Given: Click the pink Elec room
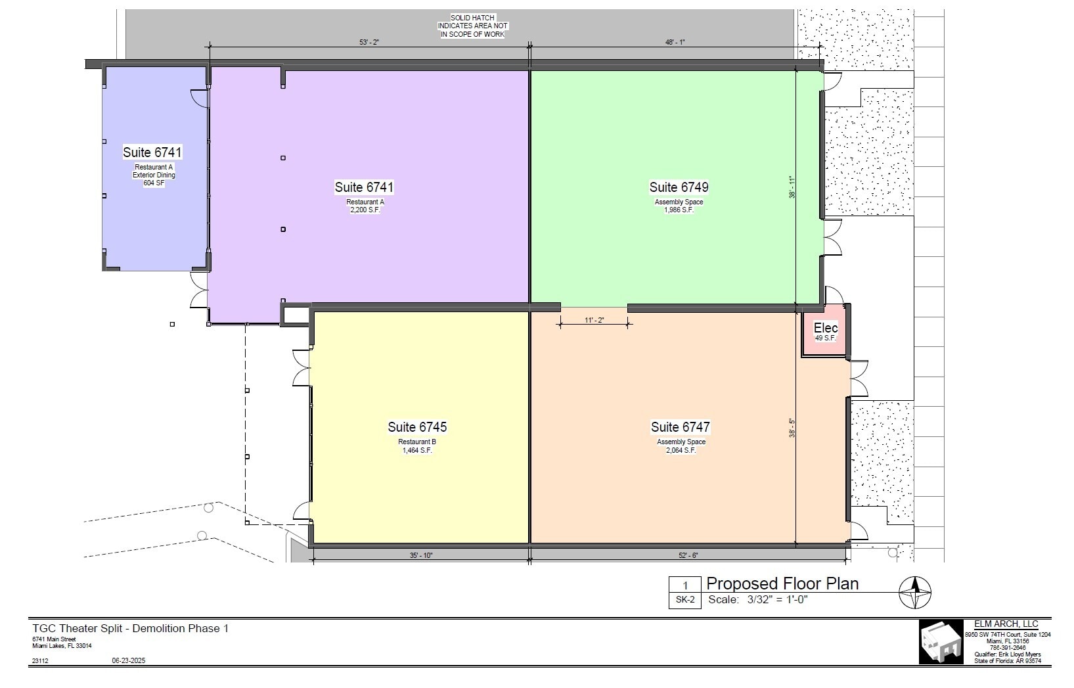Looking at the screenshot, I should [825, 332].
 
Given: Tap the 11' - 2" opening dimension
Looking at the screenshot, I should [594, 321].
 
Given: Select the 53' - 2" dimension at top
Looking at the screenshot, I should [370, 42].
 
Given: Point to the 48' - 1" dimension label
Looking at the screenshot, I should [675, 42].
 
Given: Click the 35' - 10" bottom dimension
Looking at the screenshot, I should [421, 555].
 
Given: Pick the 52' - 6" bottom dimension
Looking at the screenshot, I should [688, 555].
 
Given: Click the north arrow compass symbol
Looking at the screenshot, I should [915, 592].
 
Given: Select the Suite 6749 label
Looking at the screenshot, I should [679, 187].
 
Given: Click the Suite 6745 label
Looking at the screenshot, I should [417, 427].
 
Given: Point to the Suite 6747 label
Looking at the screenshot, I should [681, 427].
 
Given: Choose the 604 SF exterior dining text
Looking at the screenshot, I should [154, 183].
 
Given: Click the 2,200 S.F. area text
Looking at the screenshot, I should [365, 210].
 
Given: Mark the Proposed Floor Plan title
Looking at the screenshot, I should [782, 584].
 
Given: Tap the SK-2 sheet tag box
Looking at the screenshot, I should [685, 600].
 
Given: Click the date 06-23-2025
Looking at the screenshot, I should [129, 660].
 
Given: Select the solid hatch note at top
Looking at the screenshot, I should [473, 26].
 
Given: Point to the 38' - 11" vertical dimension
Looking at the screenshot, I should [792, 187].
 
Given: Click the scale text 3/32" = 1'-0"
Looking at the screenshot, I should [777, 600].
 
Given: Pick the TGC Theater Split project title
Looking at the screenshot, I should [131, 628].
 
